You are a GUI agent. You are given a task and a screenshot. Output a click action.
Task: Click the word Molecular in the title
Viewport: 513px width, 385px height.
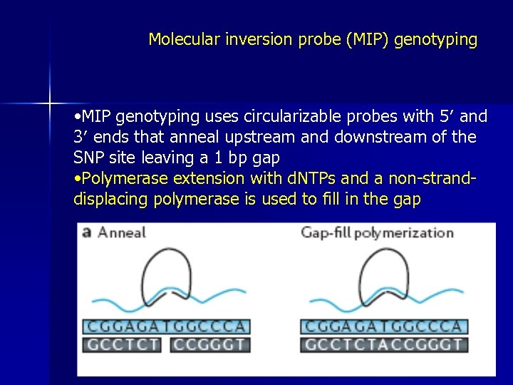point(179,40)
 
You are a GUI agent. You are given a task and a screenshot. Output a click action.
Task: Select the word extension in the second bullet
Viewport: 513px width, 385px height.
point(210,178)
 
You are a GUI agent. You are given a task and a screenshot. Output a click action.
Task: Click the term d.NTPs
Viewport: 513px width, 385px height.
point(302,178)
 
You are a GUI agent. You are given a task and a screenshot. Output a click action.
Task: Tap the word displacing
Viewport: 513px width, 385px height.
point(109,199)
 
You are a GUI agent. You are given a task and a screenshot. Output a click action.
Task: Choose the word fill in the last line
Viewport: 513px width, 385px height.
point(331,199)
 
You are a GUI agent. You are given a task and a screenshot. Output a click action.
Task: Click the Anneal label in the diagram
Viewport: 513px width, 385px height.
point(121,232)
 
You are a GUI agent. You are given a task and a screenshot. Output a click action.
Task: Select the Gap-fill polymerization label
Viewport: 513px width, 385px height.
point(377,232)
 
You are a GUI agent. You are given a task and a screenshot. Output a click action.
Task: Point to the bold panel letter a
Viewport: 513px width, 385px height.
point(87,232)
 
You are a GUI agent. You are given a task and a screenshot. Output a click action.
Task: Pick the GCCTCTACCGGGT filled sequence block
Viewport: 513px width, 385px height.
point(384,345)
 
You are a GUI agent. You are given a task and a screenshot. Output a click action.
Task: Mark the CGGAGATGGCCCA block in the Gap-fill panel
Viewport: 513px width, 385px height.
point(384,327)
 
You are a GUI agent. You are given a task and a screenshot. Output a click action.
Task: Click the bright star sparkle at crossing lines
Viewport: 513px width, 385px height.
point(51,104)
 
